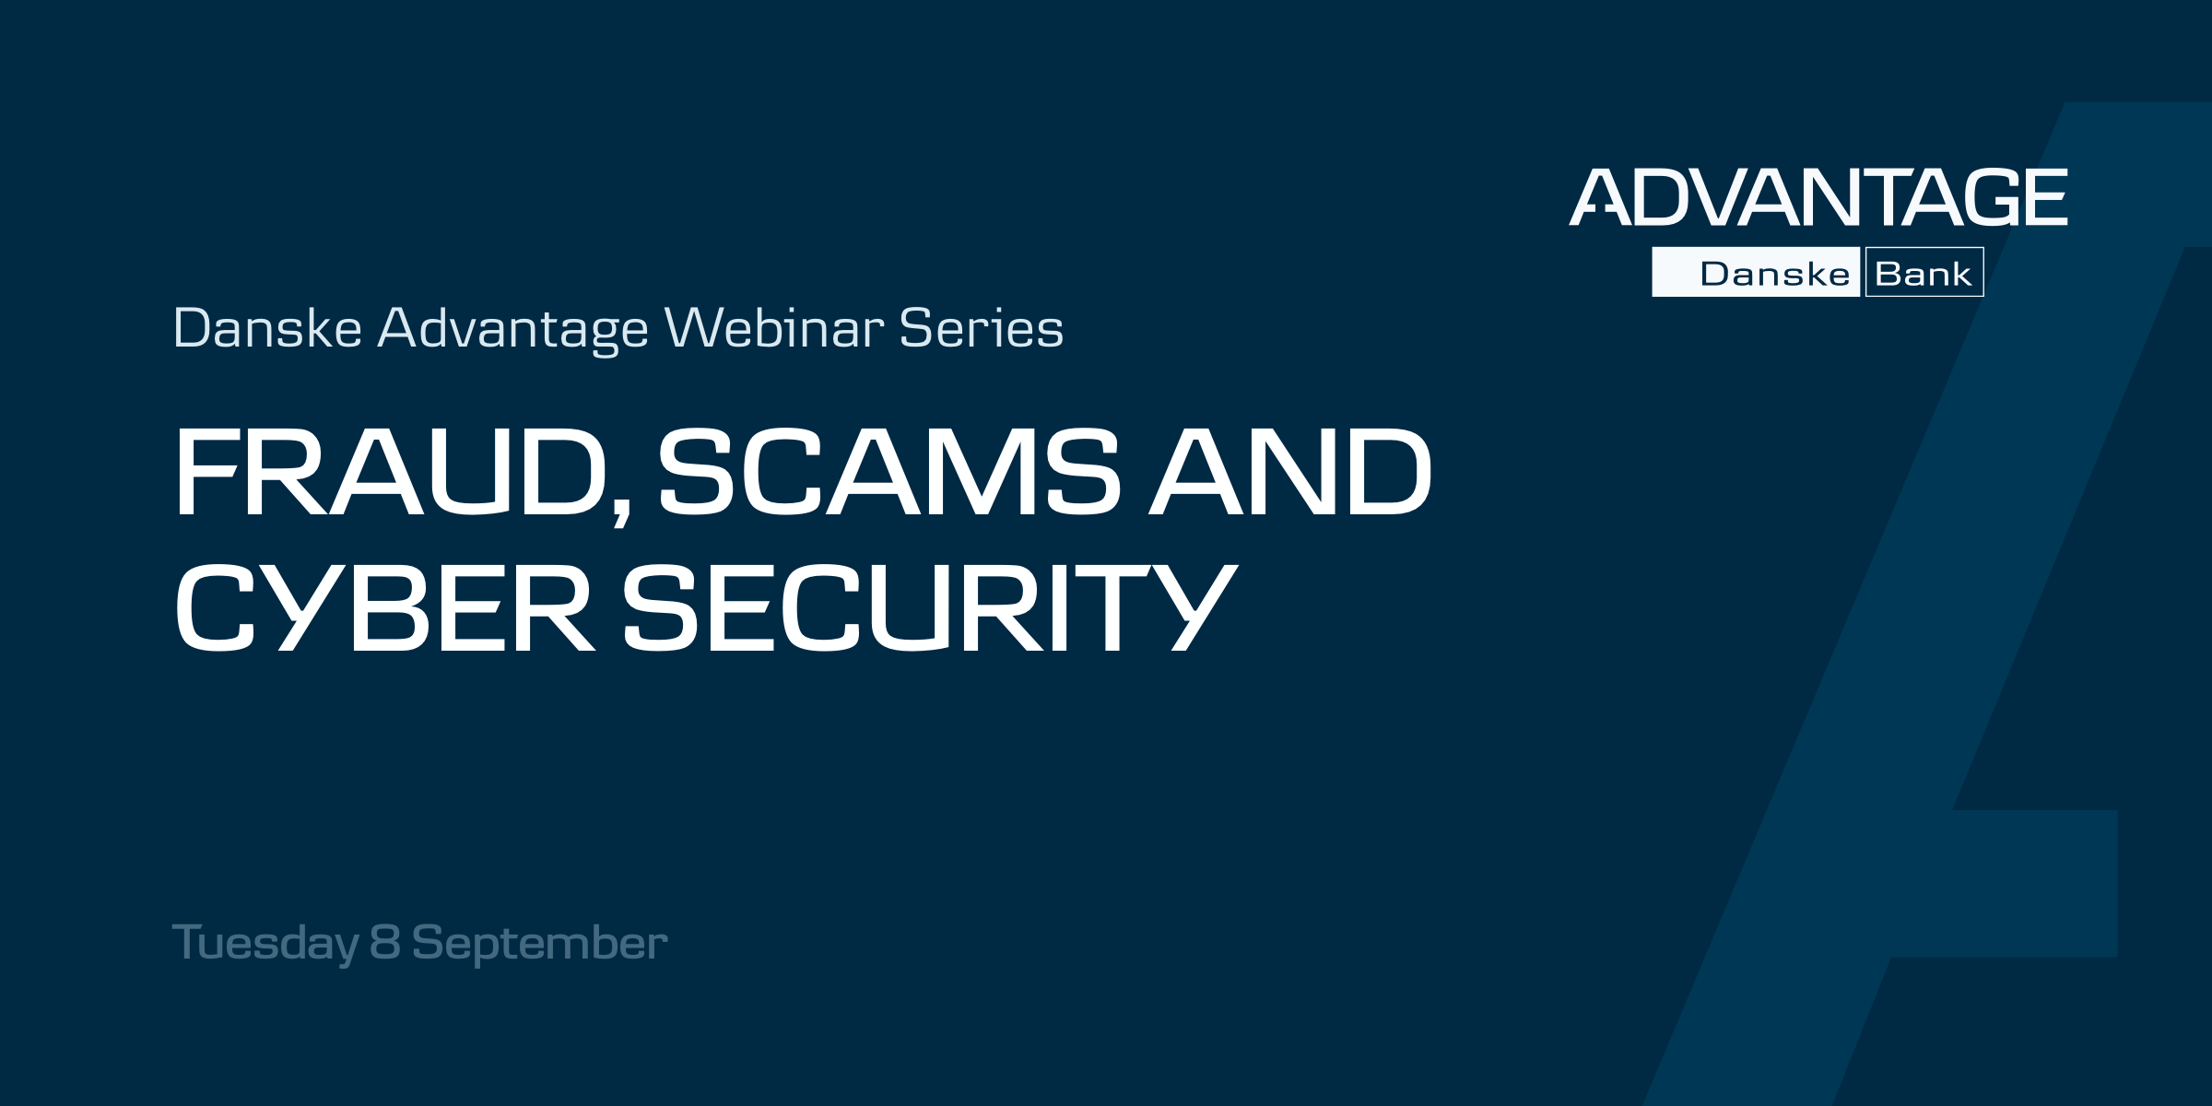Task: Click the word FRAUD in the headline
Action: [x=389, y=472]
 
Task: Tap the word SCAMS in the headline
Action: [x=888, y=472]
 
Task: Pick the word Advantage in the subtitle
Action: [x=513, y=330]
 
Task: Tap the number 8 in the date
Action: [x=385, y=942]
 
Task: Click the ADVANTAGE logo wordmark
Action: [x=1818, y=196]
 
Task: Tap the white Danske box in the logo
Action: [x=1756, y=272]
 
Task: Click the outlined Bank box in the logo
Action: [x=1924, y=272]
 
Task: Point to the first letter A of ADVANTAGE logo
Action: [x=1600, y=196]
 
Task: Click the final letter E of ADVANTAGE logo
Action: [x=2041, y=196]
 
